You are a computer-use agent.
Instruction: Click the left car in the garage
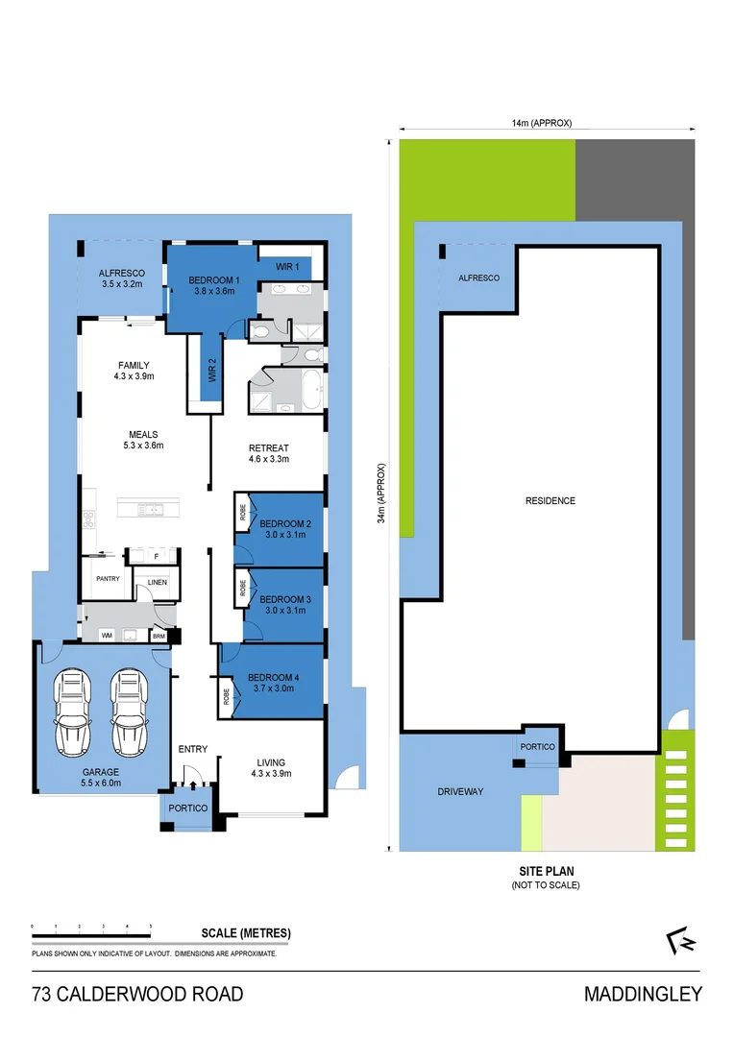click(x=73, y=714)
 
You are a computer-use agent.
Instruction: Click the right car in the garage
click(x=129, y=714)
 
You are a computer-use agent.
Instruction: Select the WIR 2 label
click(x=211, y=369)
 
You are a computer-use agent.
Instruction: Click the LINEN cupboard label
click(x=157, y=583)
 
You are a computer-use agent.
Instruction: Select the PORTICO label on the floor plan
click(x=188, y=808)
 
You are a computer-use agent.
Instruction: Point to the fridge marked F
click(x=156, y=556)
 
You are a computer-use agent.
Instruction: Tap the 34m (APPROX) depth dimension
click(x=381, y=494)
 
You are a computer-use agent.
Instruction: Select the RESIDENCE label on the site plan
click(x=550, y=501)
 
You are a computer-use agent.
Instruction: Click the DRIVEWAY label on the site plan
click(x=460, y=791)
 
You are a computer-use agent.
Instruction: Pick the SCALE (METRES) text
click(x=246, y=933)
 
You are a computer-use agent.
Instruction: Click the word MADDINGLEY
click(x=643, y=994)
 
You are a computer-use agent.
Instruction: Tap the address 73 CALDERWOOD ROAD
click(x=137, y=994)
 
